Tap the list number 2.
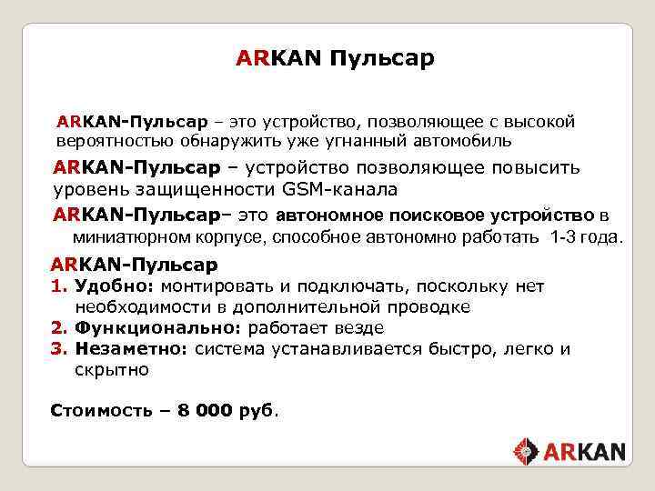[x=58, y=327]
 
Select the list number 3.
[x=58, y=348]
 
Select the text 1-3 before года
[x=565, y=237]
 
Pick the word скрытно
[x=112, y=369]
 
